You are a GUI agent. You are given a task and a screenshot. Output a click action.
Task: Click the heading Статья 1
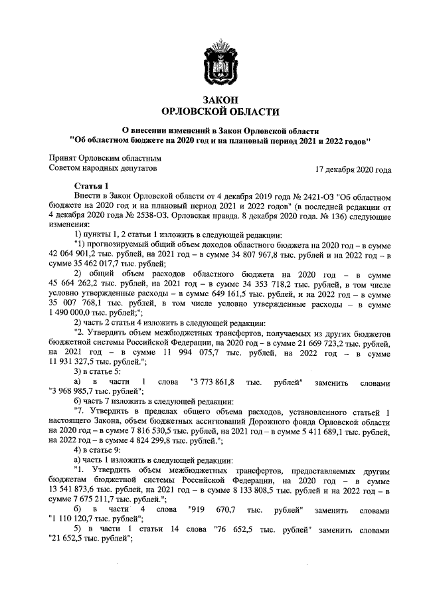91,185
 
